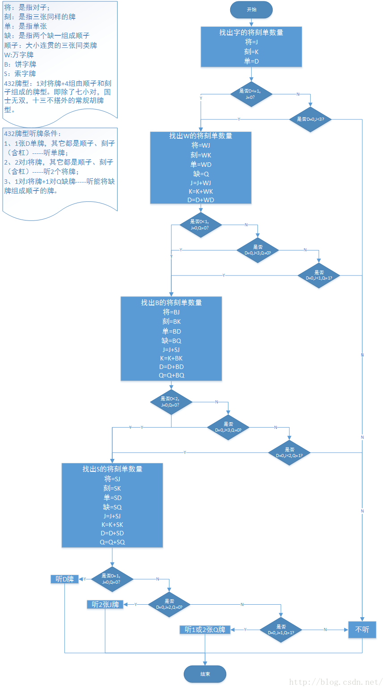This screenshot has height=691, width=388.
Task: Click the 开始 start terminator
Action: click(251, 10)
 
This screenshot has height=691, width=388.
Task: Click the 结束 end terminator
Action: click(205, 674)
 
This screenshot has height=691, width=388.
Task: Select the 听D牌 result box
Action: click(65, 579)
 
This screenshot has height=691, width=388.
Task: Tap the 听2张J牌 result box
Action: click(105, 605)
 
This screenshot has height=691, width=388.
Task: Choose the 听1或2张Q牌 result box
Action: click(205, 630)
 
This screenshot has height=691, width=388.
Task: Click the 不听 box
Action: click(362, 630)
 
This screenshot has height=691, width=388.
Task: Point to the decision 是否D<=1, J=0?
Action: click(251, 94)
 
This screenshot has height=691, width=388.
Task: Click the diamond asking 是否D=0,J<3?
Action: click(311, 119)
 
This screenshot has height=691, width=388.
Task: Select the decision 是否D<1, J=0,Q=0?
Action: click(200, 225)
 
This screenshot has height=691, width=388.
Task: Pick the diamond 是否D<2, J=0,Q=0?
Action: click(171, 402)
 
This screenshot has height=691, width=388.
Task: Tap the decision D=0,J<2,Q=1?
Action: click(289, 453)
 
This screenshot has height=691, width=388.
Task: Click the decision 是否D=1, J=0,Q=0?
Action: click(112, 579)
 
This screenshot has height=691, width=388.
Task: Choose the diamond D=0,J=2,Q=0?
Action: click(169, 605)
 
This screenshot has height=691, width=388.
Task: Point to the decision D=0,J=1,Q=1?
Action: click(281, 630)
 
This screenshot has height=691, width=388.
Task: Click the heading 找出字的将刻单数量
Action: click(251, 33)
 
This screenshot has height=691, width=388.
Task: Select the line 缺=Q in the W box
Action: click(201, 174)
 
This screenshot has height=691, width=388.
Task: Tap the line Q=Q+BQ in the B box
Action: click(171, 375)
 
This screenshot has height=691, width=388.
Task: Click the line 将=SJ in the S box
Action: click(112, 479)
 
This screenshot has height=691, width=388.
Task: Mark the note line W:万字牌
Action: click(19, 55)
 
